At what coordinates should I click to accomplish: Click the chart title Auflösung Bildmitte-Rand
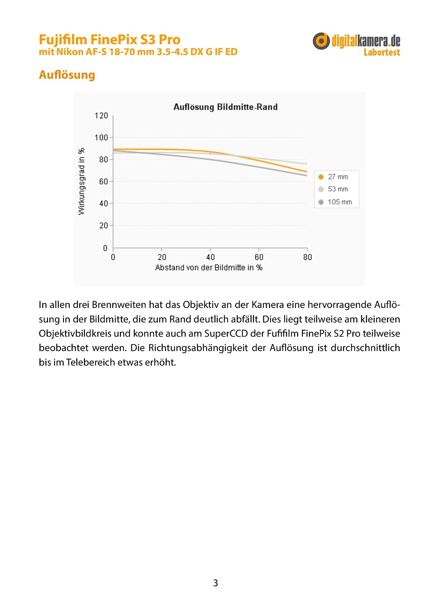(225, 107)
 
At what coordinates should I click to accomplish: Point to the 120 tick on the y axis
(101, 116)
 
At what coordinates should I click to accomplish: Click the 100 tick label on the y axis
(101, 137)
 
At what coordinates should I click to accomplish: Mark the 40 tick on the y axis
(103, 203)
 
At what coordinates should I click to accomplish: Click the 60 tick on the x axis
(259, 257)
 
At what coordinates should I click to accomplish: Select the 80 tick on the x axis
(307, 257)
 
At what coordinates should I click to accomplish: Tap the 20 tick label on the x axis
(162, 257)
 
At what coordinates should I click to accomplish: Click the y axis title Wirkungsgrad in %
(81, 181)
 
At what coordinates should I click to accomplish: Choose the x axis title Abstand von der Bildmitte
(209, 268)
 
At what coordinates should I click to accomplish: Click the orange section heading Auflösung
(67, 75)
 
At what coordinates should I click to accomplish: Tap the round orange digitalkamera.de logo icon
(321, 41)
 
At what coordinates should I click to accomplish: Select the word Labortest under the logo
(381, 53)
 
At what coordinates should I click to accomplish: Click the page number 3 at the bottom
(215, 583)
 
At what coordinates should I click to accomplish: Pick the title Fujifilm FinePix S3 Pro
(110, 40)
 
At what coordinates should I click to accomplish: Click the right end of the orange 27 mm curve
(306, 171)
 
